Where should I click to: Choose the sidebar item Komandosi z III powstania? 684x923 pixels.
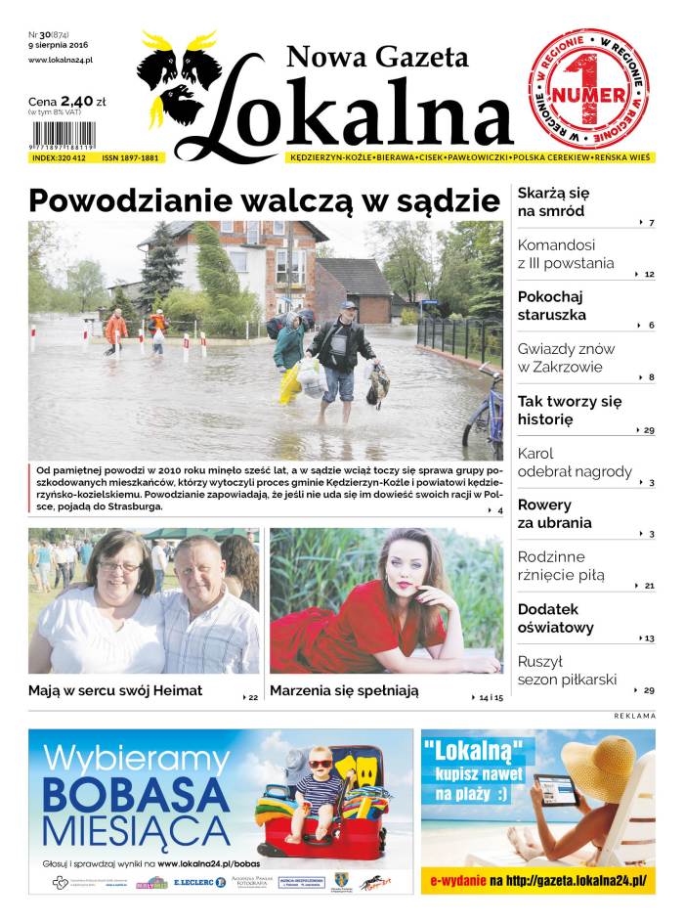coord(566,254)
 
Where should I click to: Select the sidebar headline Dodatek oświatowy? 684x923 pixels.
coord(556,618)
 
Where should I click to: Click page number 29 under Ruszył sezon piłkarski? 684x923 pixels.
coord(648,690)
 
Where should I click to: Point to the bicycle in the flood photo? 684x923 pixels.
coord(485,416)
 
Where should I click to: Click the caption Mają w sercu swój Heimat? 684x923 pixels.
coord(115,690)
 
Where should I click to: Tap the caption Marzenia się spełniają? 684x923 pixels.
coord(344,690)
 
